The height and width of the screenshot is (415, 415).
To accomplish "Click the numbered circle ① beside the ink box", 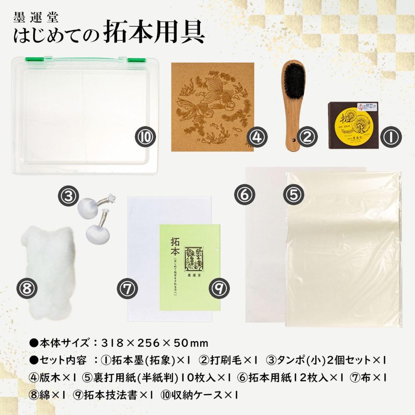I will (x=390, y=137).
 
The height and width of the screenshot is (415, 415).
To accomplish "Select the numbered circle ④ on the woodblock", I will (x=256, y=137).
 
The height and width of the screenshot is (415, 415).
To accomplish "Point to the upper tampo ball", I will (x=89, y=205).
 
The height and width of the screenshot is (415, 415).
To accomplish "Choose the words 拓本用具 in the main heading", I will (x=153, y=34).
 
